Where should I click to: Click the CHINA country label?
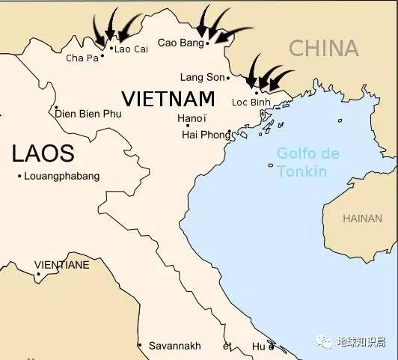324,49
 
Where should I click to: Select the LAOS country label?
43,154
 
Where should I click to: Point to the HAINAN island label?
361,219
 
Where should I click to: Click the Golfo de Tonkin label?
307,162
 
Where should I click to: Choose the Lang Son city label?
202,77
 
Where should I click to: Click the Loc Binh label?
251,102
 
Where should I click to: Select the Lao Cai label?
129,49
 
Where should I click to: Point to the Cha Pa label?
82,58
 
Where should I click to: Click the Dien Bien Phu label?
88,114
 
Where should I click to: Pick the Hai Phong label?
206,135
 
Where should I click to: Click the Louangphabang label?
61,176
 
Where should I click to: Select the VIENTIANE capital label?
62,265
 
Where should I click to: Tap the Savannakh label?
174,346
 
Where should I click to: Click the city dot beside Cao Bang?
207,43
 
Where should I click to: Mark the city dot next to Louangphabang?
19,176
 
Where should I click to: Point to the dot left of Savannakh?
140,346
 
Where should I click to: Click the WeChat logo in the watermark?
324,341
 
